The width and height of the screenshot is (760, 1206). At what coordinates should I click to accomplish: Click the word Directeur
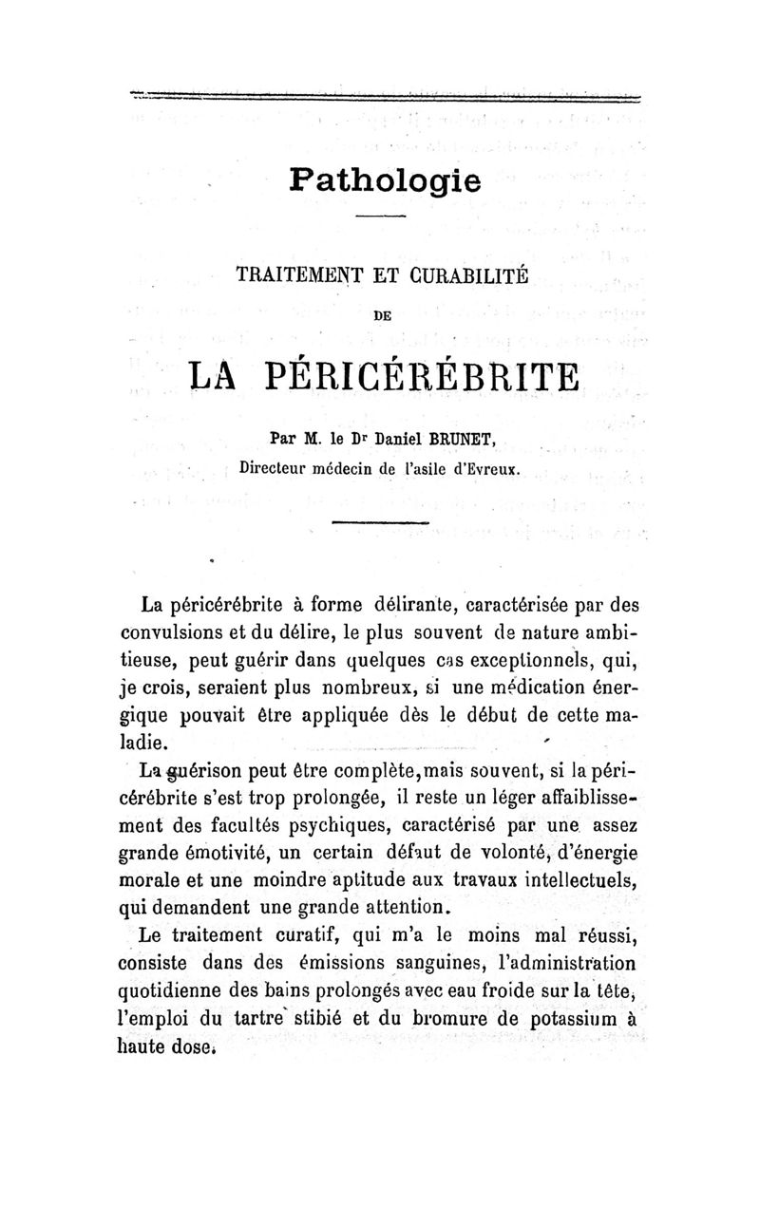coord(280,467)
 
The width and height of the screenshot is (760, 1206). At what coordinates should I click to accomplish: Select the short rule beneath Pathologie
coord(381,217)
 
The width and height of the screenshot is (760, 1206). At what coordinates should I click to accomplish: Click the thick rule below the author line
coord(382,523)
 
